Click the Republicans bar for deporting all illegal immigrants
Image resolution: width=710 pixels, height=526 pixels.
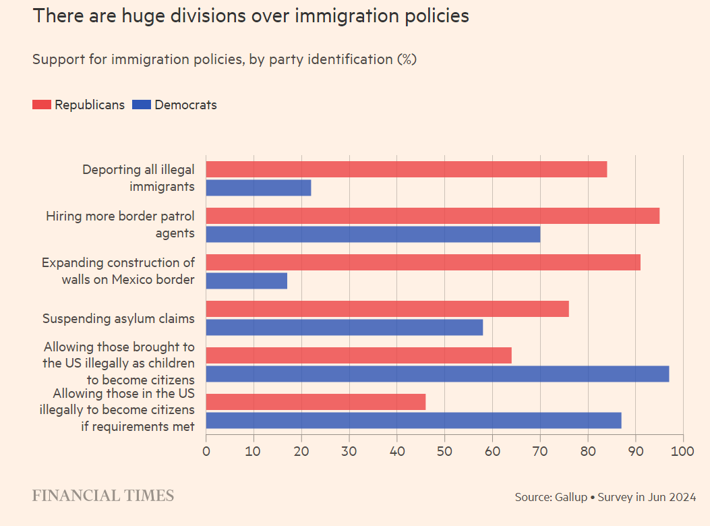coord(406,169)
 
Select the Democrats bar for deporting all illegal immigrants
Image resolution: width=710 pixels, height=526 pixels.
coord(258,187)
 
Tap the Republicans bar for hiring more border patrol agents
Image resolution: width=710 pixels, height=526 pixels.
coord(432,216)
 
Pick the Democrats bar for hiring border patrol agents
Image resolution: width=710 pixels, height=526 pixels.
coord(373,234)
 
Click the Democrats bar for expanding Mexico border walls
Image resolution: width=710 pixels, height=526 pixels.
coord(246,281)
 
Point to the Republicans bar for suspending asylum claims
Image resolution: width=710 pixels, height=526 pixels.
coord(387,309)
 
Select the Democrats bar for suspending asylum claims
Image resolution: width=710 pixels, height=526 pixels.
coord(344,327)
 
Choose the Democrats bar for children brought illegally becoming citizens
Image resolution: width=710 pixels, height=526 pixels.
coord(437,374)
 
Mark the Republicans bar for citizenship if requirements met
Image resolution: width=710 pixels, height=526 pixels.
coord(316,402)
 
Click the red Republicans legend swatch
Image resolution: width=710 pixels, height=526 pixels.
coord(42,105)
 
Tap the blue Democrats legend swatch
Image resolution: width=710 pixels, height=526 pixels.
coord(142,105)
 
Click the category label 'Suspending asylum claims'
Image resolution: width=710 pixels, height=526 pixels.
coord(119,318)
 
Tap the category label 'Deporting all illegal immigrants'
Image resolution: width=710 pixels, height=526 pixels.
coord(138,178)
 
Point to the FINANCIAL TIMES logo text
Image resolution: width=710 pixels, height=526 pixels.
coord(103,496)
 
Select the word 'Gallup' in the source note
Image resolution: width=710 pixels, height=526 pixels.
coord(570,497)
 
